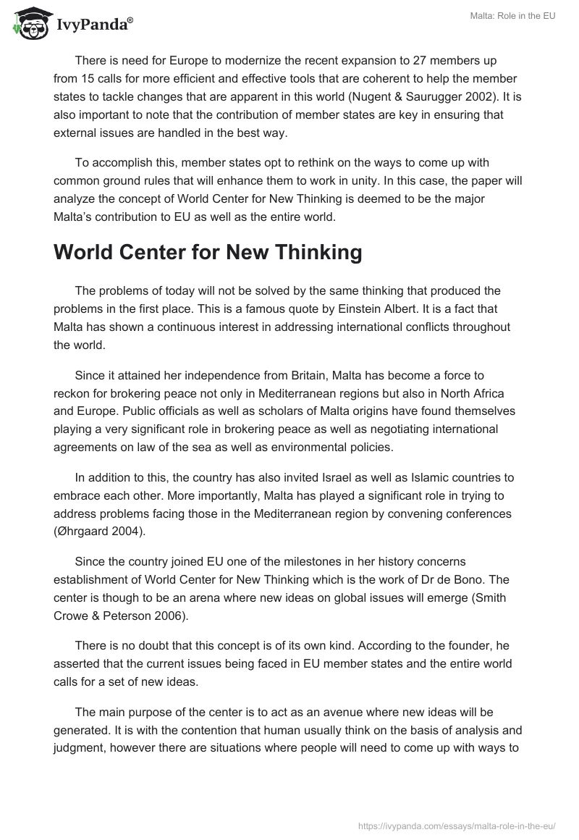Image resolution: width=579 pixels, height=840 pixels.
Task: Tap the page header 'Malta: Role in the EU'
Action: point(510,17)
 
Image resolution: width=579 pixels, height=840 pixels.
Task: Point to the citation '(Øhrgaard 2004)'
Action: point(100,532)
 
